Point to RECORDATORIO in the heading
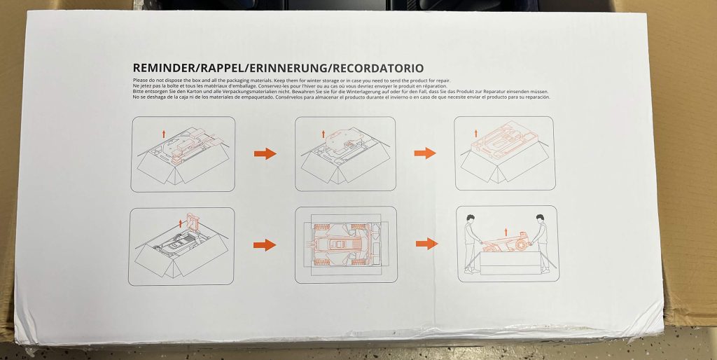[379, 69]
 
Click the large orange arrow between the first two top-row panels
[265, 154]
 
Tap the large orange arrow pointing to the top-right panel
[425, 153]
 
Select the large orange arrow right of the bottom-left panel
[265, 244]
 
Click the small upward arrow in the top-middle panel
[323, 132]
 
